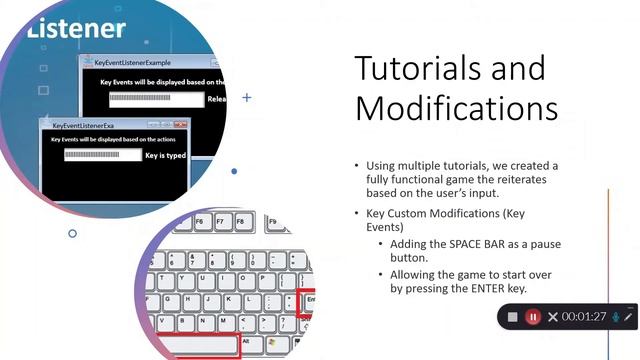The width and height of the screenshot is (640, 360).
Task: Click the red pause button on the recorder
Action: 533,317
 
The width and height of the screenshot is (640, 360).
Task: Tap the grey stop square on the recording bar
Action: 512,317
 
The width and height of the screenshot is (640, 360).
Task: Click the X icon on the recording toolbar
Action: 552,317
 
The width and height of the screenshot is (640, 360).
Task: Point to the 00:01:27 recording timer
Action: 584,317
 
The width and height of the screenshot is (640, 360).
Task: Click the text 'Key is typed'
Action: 166,155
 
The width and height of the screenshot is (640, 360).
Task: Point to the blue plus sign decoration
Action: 247,98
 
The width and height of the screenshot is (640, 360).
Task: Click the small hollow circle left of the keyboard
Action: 72,234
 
